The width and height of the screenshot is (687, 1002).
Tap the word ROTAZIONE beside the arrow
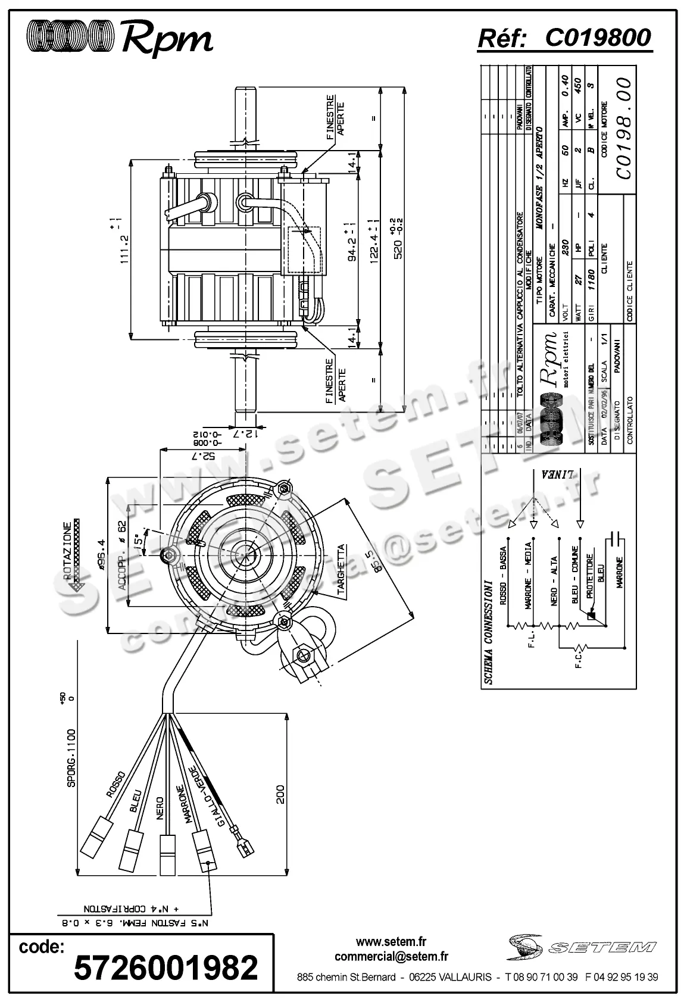68,551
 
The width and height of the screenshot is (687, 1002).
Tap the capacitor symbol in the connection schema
617,540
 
